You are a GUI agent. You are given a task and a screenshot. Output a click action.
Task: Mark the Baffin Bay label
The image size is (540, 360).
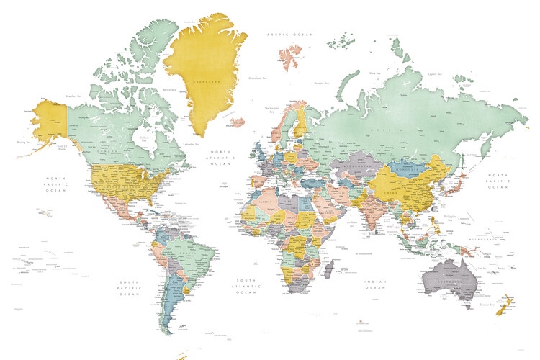pyautogui.click(x=170, y=89)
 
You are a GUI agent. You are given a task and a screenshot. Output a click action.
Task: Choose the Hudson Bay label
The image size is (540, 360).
pyautogui.click(x=144, y=138)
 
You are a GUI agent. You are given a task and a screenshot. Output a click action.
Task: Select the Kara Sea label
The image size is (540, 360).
pyautogui.click(x=374, y=73)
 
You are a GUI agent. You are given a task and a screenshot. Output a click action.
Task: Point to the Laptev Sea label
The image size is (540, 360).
pyautogui.click(x=433, y=73)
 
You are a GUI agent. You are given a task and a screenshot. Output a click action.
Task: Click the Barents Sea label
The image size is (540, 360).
pyautogui.click(x=321, y=83)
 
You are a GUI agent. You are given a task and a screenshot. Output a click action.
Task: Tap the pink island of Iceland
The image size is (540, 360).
pyautogui.click(x=238, y=122)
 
